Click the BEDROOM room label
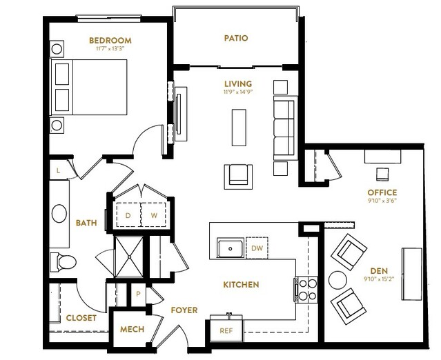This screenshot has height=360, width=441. click(110, 41)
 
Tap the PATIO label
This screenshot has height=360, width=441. click(236, 38)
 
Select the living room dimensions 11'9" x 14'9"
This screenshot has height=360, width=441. click(238, 92)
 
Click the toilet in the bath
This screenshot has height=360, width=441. click(63, 262)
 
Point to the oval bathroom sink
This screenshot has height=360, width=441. click(59, 214)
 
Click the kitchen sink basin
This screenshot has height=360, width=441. click(231, 248)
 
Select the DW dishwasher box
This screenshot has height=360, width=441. click(257, 248)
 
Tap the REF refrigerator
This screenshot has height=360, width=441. click(226, 329)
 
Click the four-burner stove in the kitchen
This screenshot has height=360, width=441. click(306, 290)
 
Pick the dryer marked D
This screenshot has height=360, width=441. click(128, 215)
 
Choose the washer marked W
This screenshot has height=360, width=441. click(154, 215)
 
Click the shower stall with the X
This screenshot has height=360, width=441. click(129, 257)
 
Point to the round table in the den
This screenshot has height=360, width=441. click(337, 280)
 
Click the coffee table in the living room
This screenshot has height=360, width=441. click(239, 128)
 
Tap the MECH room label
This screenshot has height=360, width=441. click(133, 329)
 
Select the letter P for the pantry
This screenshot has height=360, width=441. click(138, 294)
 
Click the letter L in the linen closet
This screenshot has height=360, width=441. click(58, 170)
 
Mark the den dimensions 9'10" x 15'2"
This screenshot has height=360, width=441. click(379, 279)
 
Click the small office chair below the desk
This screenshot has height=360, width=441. click(382, 174)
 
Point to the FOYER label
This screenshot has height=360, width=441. click(184, 310)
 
